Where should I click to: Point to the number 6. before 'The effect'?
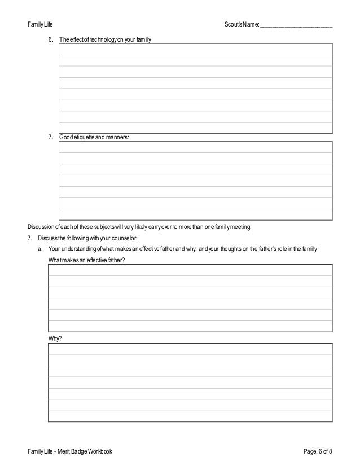click(x=51, y=39)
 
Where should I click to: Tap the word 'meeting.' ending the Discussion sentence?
click(x=239, y=227)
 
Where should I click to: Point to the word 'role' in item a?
click(x=280, y=249)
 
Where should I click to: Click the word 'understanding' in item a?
click(x=79, y=249)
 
